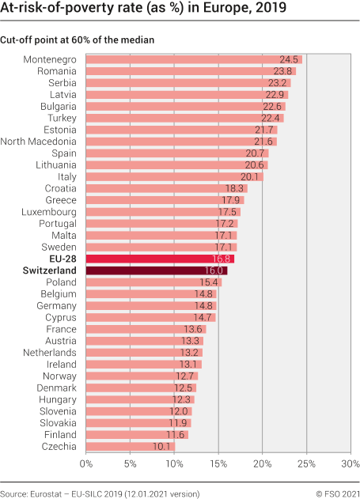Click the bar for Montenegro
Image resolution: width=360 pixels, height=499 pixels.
(x=194, y=59)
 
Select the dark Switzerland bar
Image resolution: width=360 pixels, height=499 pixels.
(x=156, y=270)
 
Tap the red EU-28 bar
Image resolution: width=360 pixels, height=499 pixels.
(x=160, y=259)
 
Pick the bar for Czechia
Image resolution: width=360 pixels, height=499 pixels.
(x=130, y=447)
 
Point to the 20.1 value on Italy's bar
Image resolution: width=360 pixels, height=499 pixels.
(x=251, y=176)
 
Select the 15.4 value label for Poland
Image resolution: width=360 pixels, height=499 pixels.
(x=209, y=282)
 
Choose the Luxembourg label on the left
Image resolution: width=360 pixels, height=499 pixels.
(x=49, y=212)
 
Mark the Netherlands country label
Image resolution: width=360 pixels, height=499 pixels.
(x=50, y=353)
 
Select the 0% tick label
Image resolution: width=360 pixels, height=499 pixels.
(x=85, y=463)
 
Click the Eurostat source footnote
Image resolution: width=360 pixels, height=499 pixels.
(x=100, y=493)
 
